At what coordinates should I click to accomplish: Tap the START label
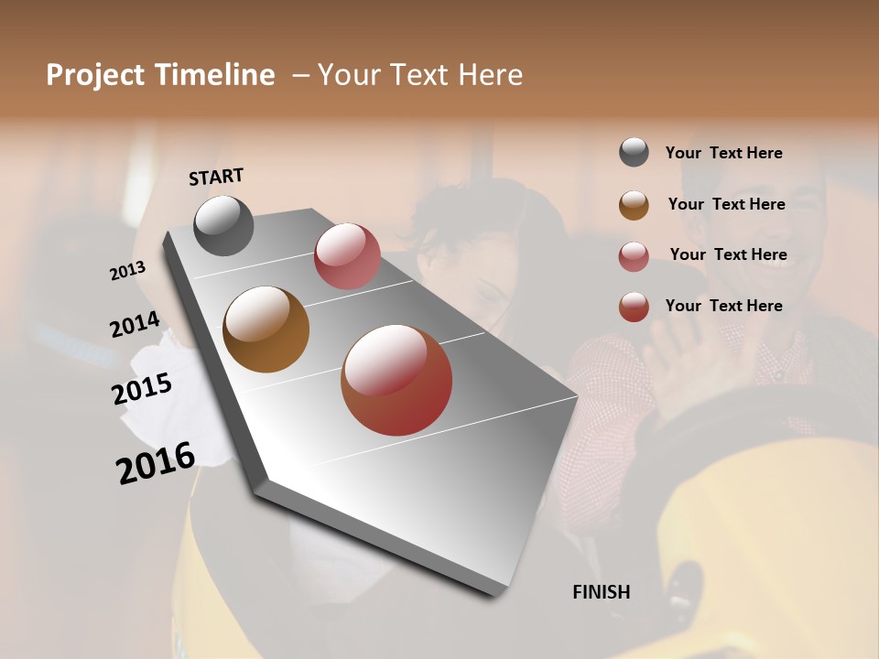tap(216, 177)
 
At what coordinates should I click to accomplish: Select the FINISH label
tap(602, 592)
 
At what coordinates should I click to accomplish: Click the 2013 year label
tap(128, 271)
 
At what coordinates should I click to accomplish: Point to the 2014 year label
tap(136, 325)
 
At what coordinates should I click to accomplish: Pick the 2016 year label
tap(156, 463)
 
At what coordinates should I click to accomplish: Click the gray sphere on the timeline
tap(224, 225)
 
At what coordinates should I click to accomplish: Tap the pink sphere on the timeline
tap(347, 256)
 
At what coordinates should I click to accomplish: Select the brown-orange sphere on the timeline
tap(266, 329)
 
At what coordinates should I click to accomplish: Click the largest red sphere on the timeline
tap(396, 380)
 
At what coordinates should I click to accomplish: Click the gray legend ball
tap(634, 153)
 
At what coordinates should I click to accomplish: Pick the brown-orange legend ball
tap(634, 205)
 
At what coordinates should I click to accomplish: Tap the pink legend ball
tap(634, 256)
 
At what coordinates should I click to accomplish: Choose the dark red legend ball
tap(634, 307)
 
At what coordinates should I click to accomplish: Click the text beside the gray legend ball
tap(724, 154)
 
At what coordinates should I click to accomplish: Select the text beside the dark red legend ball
tap(724, 306)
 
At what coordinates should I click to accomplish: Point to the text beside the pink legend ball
tap(728, 254)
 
